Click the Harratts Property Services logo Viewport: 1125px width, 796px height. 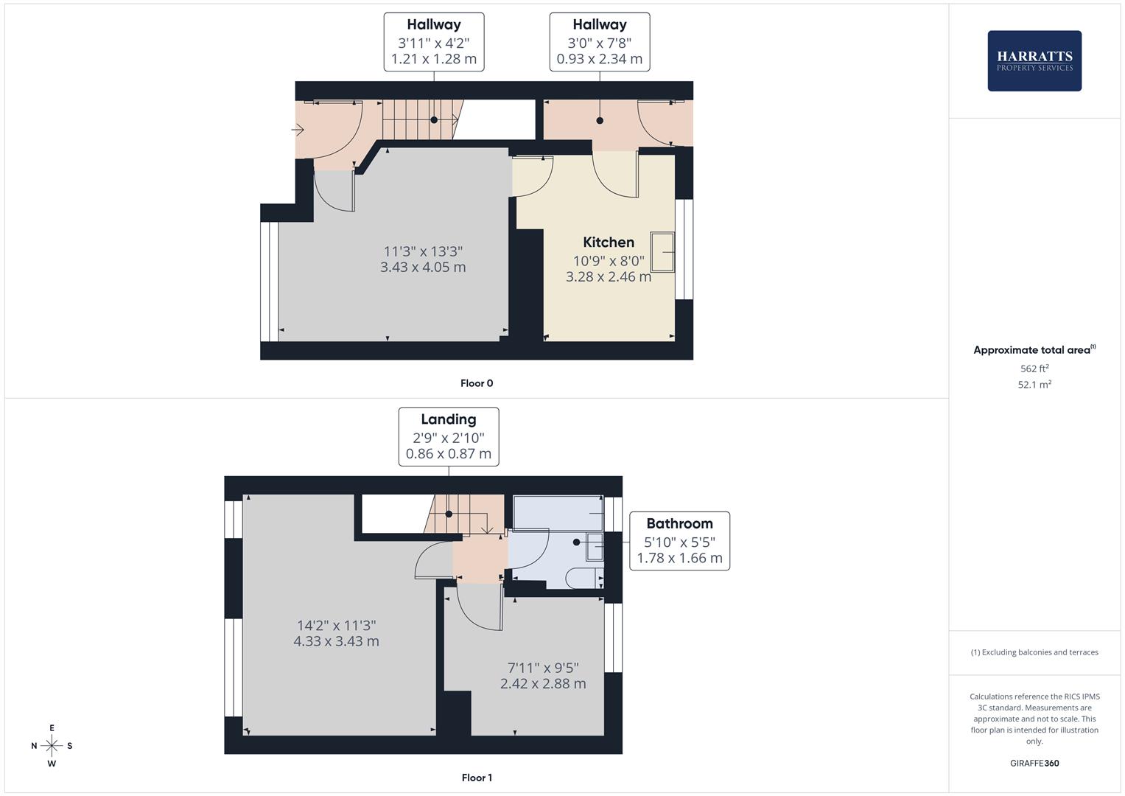tap(1034, 61)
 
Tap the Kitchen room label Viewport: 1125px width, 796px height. tap(609, 242)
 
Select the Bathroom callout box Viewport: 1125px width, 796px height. tap(679, 541)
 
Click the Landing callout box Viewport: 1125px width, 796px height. tap(449, 436)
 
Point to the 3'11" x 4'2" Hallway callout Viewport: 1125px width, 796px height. tap(434, 42)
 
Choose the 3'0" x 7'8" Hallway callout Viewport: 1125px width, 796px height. tap(600, 42)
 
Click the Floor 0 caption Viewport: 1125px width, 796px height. tap(477, 383)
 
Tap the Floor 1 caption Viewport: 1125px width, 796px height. tap(477, 778)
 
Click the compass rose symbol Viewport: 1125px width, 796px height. tap(52, 746)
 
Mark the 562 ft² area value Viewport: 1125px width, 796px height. tap(1034, 369)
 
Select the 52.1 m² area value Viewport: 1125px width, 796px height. tap(1034, 385)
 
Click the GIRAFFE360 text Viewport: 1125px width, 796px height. tap(1034, 764)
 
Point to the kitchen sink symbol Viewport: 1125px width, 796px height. tap(662, 251)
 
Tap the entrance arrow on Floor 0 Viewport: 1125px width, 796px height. tap(298, 130)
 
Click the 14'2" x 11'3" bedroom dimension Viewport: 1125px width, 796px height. tap(336, 633)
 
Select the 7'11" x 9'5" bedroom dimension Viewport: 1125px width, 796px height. tap(543, 676)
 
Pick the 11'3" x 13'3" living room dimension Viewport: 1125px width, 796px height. tap(423, 259)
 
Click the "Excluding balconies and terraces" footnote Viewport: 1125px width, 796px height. tap(1034, 652)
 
